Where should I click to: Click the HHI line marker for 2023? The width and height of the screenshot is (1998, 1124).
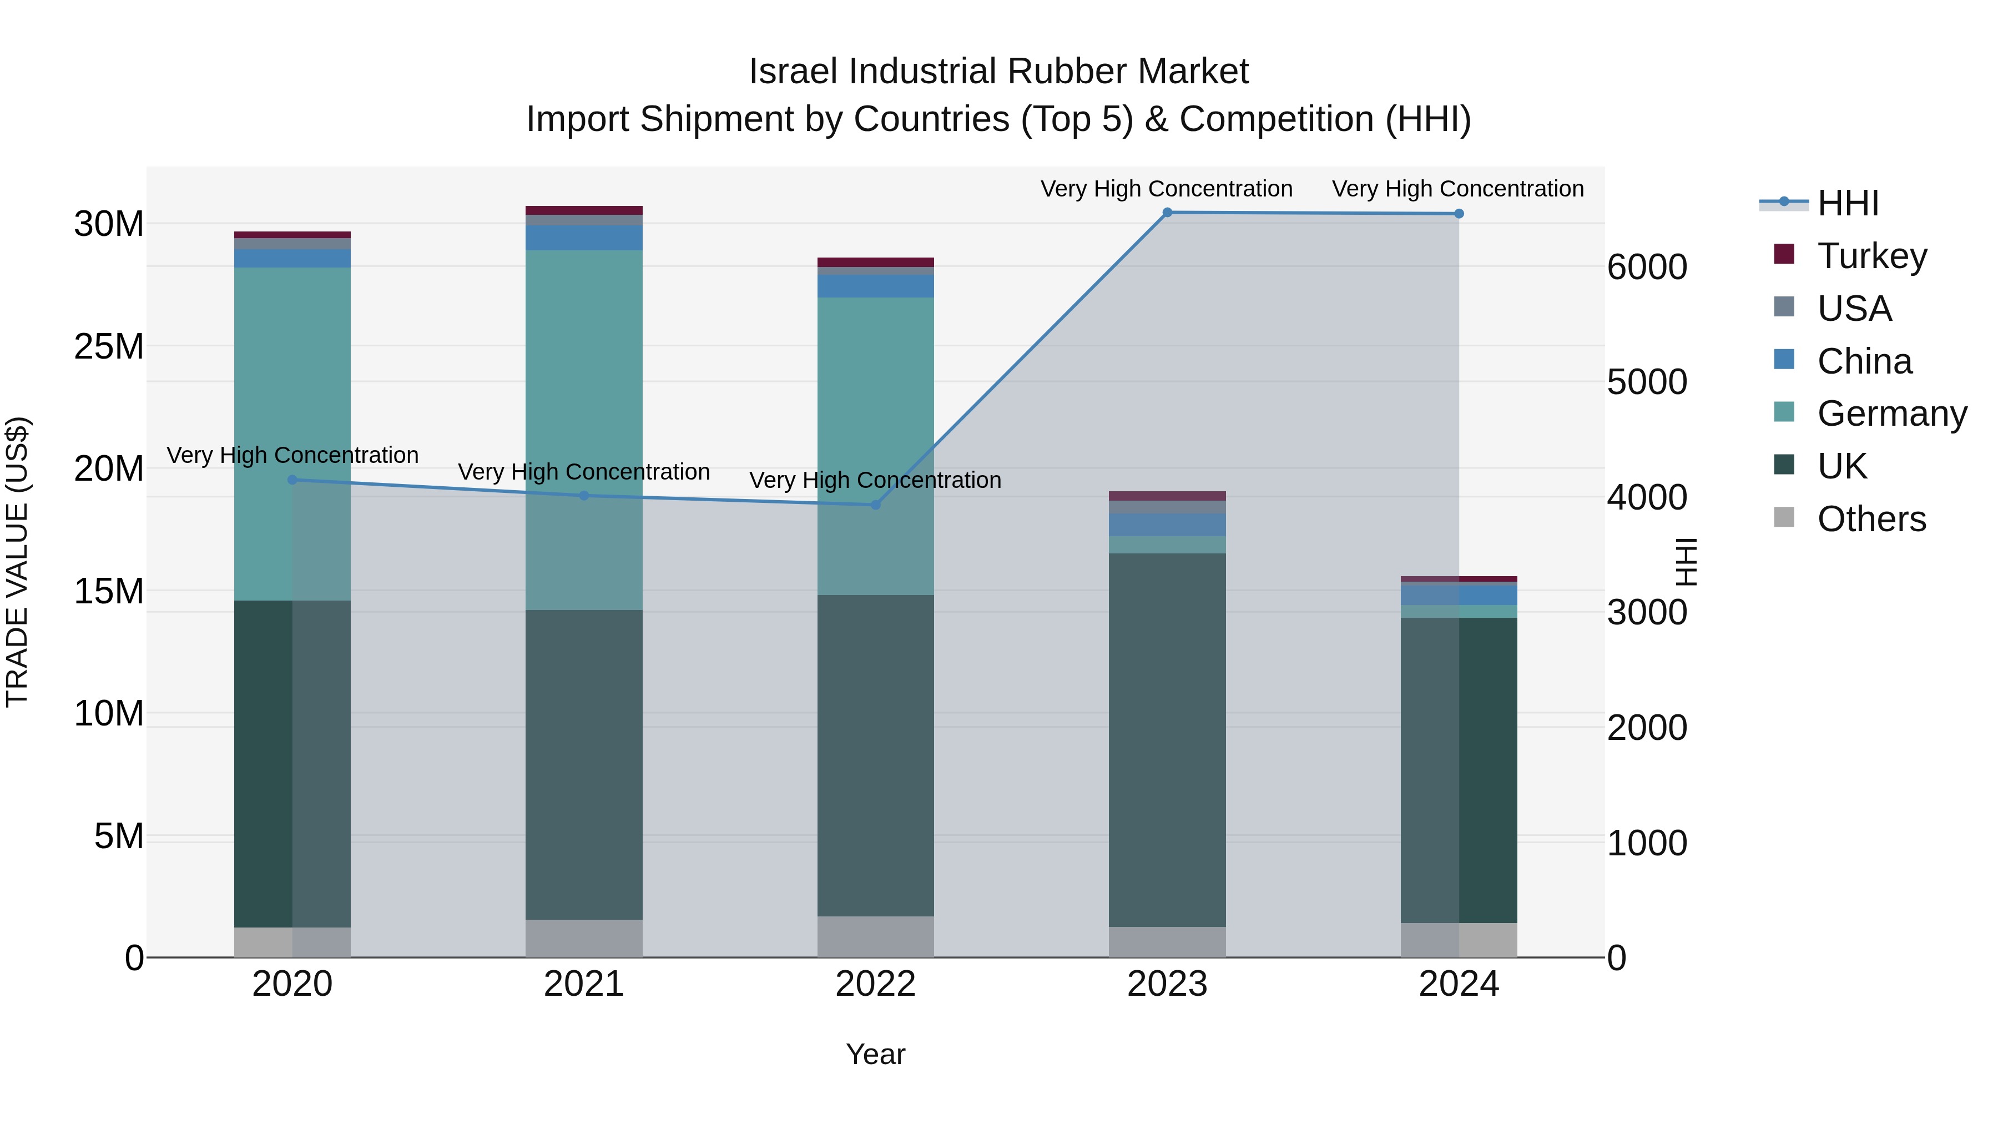pos(1167,213)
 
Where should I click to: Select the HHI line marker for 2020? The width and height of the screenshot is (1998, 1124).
pos(292,480)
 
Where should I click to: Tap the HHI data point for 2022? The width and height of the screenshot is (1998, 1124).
pos(876,505)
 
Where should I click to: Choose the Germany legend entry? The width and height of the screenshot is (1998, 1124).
pos(1891,414)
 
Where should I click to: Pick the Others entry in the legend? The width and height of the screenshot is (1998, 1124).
pos(1871,519)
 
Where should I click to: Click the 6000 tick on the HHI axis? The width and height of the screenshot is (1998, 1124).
pos(1647,267)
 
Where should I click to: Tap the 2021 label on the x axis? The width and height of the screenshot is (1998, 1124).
pos(583,984)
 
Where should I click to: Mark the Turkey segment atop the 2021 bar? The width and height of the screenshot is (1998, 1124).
pos(583,210)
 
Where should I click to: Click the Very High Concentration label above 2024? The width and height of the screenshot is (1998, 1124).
pos(1457,189)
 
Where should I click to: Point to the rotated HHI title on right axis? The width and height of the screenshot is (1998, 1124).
pos(1686,562)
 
